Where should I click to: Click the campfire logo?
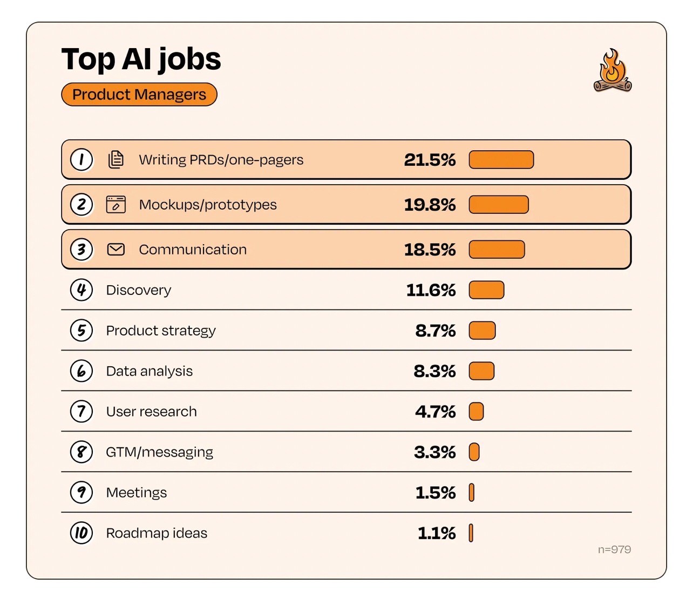click(613, 71)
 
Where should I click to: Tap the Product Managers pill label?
click(139, 95)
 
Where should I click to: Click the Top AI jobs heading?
click(141, 59)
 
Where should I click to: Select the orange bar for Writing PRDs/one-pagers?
click(501, 160)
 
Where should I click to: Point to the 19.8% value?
click(430, 205)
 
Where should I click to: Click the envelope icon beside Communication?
click(116, 249)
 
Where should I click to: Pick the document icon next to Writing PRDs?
click(116, 159)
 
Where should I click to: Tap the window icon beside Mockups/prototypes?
click(116, 204)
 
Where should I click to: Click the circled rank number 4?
click(81, 290)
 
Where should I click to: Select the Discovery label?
click(139, 290)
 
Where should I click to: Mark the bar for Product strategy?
click(482, 331)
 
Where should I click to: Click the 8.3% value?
click(434, 371)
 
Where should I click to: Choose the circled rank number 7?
click(81, 412)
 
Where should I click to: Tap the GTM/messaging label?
click(159, 452)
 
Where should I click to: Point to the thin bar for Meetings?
click(472, 493)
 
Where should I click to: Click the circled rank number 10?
click(81, 533)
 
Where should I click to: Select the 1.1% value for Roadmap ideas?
click(437, 533)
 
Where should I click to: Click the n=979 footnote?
click(614, 549)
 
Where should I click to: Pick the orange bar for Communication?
click(497, 250)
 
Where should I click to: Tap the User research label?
click(151, 412)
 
